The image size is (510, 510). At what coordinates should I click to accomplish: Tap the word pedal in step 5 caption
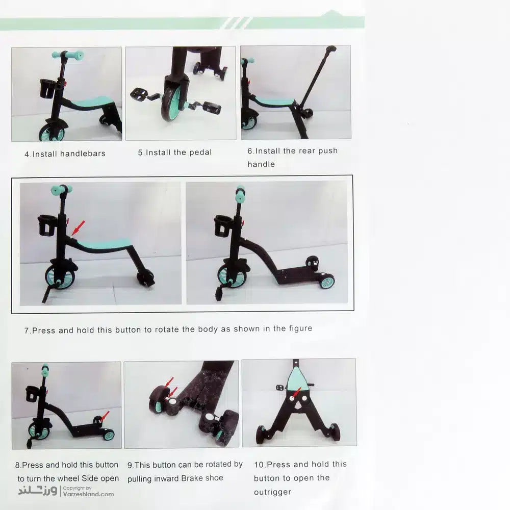(200, 152)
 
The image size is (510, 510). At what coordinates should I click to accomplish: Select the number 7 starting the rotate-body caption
(27, 331)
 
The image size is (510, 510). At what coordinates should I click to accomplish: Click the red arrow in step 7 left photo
(78, 227)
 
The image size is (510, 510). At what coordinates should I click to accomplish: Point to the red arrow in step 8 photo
(105, 416)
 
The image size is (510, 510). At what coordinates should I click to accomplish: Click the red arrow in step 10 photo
(296, 394)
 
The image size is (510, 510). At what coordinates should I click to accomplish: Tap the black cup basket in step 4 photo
(47, 88)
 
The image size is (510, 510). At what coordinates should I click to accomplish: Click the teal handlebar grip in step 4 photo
(68, 55)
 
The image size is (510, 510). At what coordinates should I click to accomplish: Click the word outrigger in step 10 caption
(272, 492)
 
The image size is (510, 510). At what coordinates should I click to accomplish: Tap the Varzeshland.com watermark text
(88, 494)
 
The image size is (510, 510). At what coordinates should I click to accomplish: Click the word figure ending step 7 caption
(300, 329)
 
